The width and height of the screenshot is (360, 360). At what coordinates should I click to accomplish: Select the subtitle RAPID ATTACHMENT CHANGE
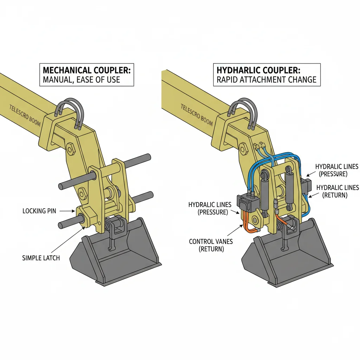266,79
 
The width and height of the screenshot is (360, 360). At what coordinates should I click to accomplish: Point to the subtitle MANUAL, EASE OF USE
81,80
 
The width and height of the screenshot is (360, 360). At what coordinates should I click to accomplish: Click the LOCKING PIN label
39,211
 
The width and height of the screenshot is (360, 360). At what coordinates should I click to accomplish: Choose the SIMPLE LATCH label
41,258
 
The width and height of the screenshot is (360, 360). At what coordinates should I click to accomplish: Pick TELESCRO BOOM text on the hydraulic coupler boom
197,115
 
